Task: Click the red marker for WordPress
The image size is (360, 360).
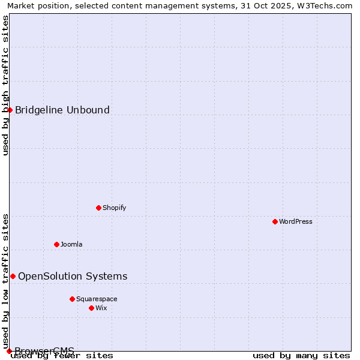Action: [275, 221]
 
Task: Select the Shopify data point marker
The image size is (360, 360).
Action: [98, 208]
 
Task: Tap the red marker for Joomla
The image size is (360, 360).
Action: [56, 244]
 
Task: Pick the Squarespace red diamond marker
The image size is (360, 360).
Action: [72, 299]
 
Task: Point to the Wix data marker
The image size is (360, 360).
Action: [91, 308]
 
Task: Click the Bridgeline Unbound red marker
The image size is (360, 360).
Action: [10, 110]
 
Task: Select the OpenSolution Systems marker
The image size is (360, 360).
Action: [13, 276]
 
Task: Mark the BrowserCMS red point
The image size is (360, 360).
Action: [9, 351]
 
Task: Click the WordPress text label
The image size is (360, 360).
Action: [296, 221]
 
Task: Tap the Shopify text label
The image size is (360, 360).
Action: [114, 208]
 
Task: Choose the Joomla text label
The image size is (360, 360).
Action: [71, 244]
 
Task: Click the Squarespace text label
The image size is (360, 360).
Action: [97, 299]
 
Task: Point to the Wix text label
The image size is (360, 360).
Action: [101, 308]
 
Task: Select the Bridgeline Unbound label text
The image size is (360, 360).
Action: [62, 110]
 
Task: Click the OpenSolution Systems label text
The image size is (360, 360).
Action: [73, 276]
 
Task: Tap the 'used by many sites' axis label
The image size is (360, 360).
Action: [301, 356]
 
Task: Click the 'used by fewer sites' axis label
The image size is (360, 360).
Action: [62, 356]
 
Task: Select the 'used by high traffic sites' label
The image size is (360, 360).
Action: [5, 85]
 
